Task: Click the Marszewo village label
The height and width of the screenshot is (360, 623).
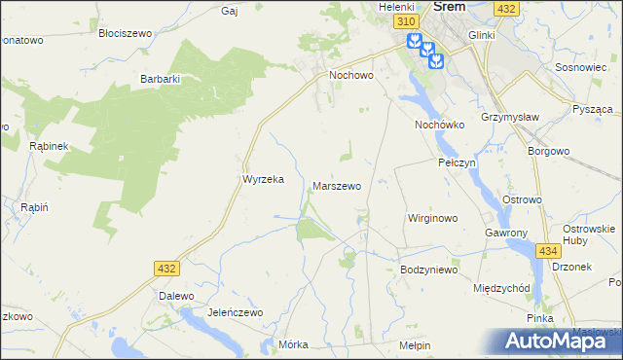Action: click(337, 185)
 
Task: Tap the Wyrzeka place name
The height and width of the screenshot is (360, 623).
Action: click(262, 180)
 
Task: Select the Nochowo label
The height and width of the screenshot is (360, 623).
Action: click(351, 74)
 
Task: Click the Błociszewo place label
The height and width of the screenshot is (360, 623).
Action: click(126, 32)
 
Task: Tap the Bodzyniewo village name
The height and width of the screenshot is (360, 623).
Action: click(428, 270)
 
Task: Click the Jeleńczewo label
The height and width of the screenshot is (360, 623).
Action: click(236, 312)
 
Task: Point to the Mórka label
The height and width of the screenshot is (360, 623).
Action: click(293, 344)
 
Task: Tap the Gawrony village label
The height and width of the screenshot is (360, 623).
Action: click(506, 234)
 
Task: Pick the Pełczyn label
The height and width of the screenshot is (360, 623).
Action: click(457, 163)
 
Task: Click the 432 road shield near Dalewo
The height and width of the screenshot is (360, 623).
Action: click(165, 268)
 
